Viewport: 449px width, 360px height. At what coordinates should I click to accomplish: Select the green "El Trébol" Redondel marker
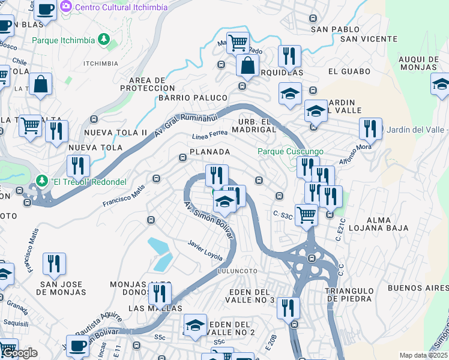point(41,180)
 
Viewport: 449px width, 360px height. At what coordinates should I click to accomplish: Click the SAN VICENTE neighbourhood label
point(369,39)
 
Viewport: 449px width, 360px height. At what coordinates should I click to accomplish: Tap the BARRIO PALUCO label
point(193,98)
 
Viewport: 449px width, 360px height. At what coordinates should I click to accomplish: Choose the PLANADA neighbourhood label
point(210,152)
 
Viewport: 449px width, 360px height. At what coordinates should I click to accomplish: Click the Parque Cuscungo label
point(291,152)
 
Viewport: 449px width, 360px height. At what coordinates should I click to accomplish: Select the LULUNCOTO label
point(238,271)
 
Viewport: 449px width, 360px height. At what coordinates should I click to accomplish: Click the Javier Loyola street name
point(205,251)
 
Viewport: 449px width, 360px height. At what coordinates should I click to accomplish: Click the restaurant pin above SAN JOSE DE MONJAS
point(54,263)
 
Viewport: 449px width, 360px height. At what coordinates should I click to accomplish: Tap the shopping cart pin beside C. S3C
point(307,214)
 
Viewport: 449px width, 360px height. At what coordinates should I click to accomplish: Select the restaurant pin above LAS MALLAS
point(160,293)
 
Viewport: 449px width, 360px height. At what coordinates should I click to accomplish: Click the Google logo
point(19,353)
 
